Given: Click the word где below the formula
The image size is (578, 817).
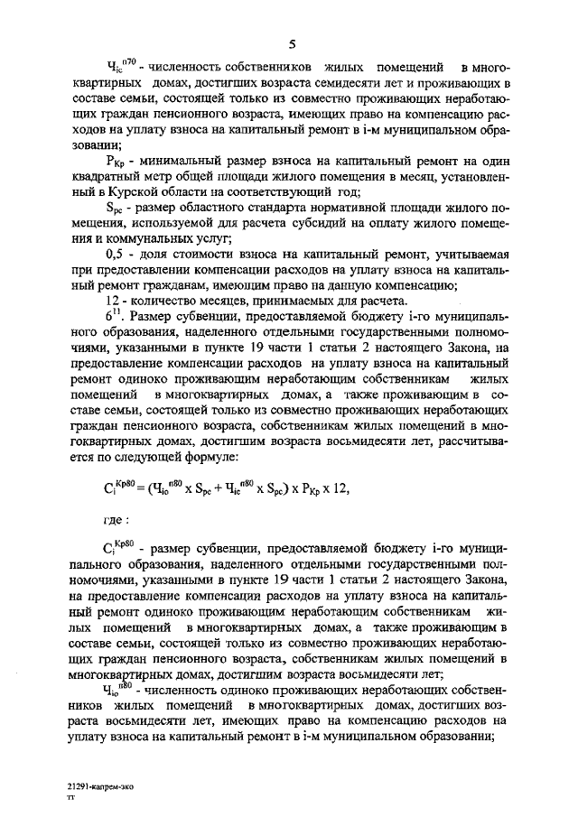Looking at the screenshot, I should [112, 520].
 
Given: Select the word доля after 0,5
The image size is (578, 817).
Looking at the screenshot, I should [154, 256].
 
